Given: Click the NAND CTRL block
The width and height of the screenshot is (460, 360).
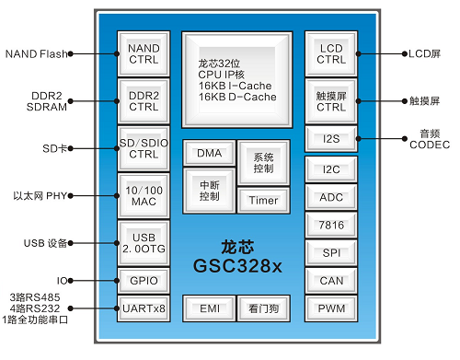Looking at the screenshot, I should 144,53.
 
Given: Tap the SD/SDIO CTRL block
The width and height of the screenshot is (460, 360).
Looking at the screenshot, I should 144,147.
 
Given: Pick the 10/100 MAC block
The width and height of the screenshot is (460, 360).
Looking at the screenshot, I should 144,195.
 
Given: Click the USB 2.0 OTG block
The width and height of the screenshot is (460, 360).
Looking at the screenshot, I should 144,243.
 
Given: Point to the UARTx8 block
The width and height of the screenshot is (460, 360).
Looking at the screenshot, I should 144,308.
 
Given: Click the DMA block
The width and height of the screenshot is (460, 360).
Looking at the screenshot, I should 208,154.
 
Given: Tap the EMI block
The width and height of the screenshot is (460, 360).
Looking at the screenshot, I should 208,308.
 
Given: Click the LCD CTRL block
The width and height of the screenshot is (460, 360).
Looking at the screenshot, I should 330,53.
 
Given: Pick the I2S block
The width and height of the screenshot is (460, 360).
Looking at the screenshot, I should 330,138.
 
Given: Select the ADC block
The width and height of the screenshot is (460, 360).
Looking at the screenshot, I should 330,197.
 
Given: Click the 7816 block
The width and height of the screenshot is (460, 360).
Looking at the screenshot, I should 330,225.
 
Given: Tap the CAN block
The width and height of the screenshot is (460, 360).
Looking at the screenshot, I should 330,281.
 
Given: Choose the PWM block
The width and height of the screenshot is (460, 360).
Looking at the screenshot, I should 330,308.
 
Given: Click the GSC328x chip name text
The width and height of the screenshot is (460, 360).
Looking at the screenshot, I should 236,265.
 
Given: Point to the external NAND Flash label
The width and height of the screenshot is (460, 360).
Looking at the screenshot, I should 36,53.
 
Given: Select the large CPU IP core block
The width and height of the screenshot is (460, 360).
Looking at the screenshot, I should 236,79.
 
